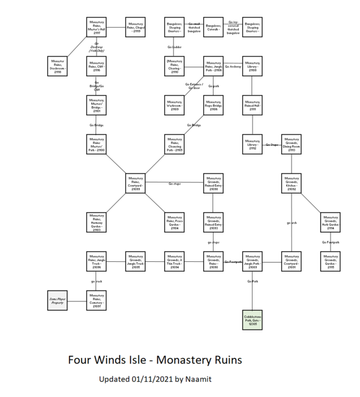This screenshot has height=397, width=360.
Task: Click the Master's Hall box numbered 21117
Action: [97, 27]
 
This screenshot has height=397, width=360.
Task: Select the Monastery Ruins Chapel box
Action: [136, 27]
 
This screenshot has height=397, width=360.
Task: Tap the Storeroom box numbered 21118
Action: [58, 65]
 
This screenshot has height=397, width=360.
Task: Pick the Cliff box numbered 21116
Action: [97, 65]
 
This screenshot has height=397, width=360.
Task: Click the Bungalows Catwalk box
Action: [214, 27]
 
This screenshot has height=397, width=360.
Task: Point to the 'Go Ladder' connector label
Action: [175, 46]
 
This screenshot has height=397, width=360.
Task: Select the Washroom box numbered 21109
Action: [175, 105]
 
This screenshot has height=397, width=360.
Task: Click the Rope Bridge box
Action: [214, 105]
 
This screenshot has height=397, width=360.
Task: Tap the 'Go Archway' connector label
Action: [233, 66]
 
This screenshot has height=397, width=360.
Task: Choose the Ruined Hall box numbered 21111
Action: [253, 105]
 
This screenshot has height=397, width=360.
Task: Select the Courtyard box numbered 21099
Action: [136, 183]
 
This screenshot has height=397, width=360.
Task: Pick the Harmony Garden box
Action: [97, 222]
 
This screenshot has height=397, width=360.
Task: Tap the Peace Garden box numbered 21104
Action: [175, 222]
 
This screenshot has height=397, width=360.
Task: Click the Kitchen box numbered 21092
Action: [292, 183]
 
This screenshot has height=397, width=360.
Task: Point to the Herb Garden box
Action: [331, 222]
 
